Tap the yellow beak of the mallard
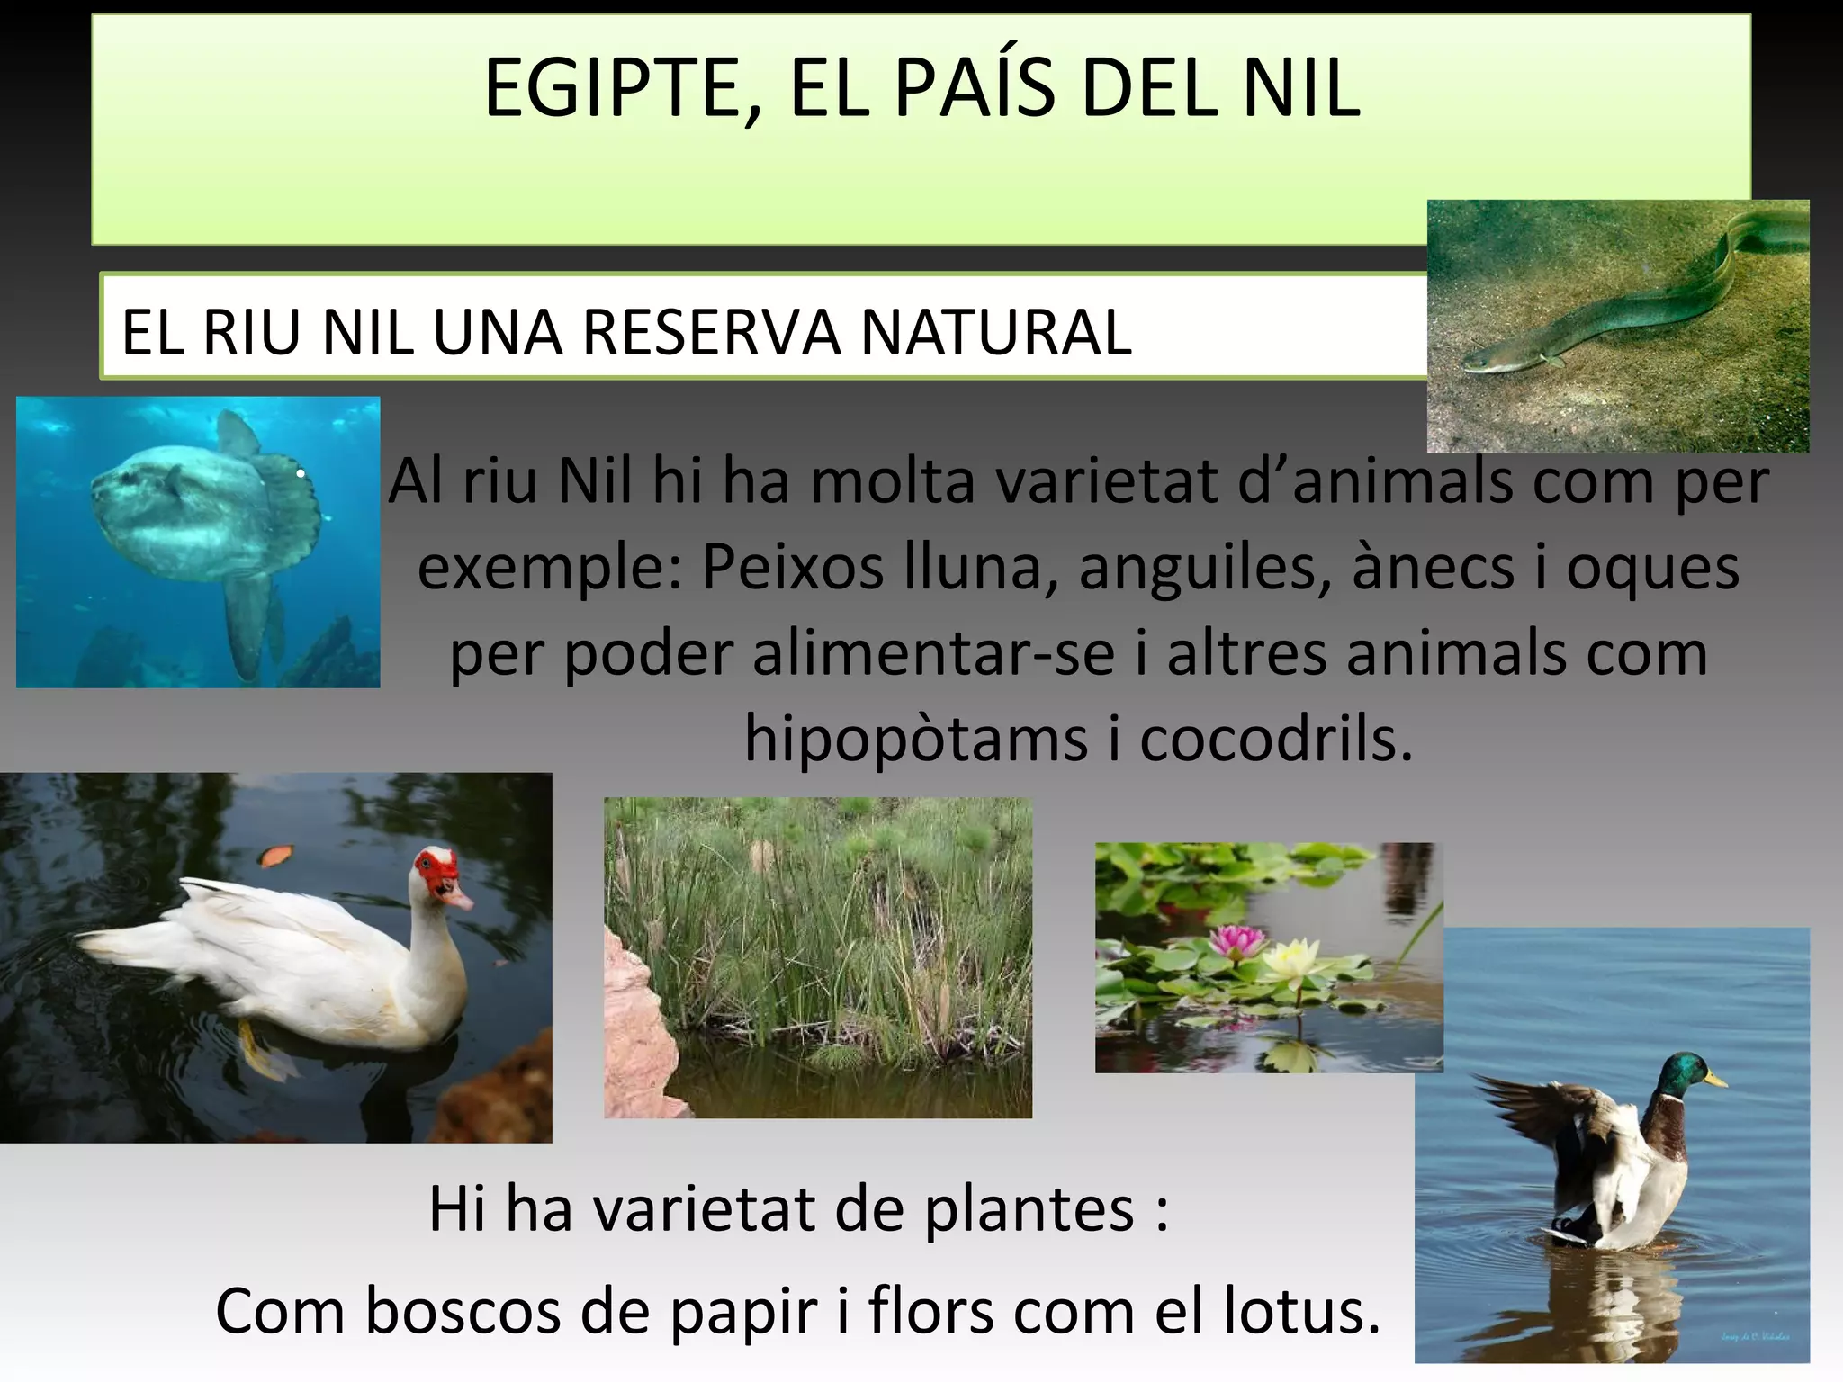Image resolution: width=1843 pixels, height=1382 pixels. (1717, 1078)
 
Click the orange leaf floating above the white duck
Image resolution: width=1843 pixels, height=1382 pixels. (277, 855)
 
